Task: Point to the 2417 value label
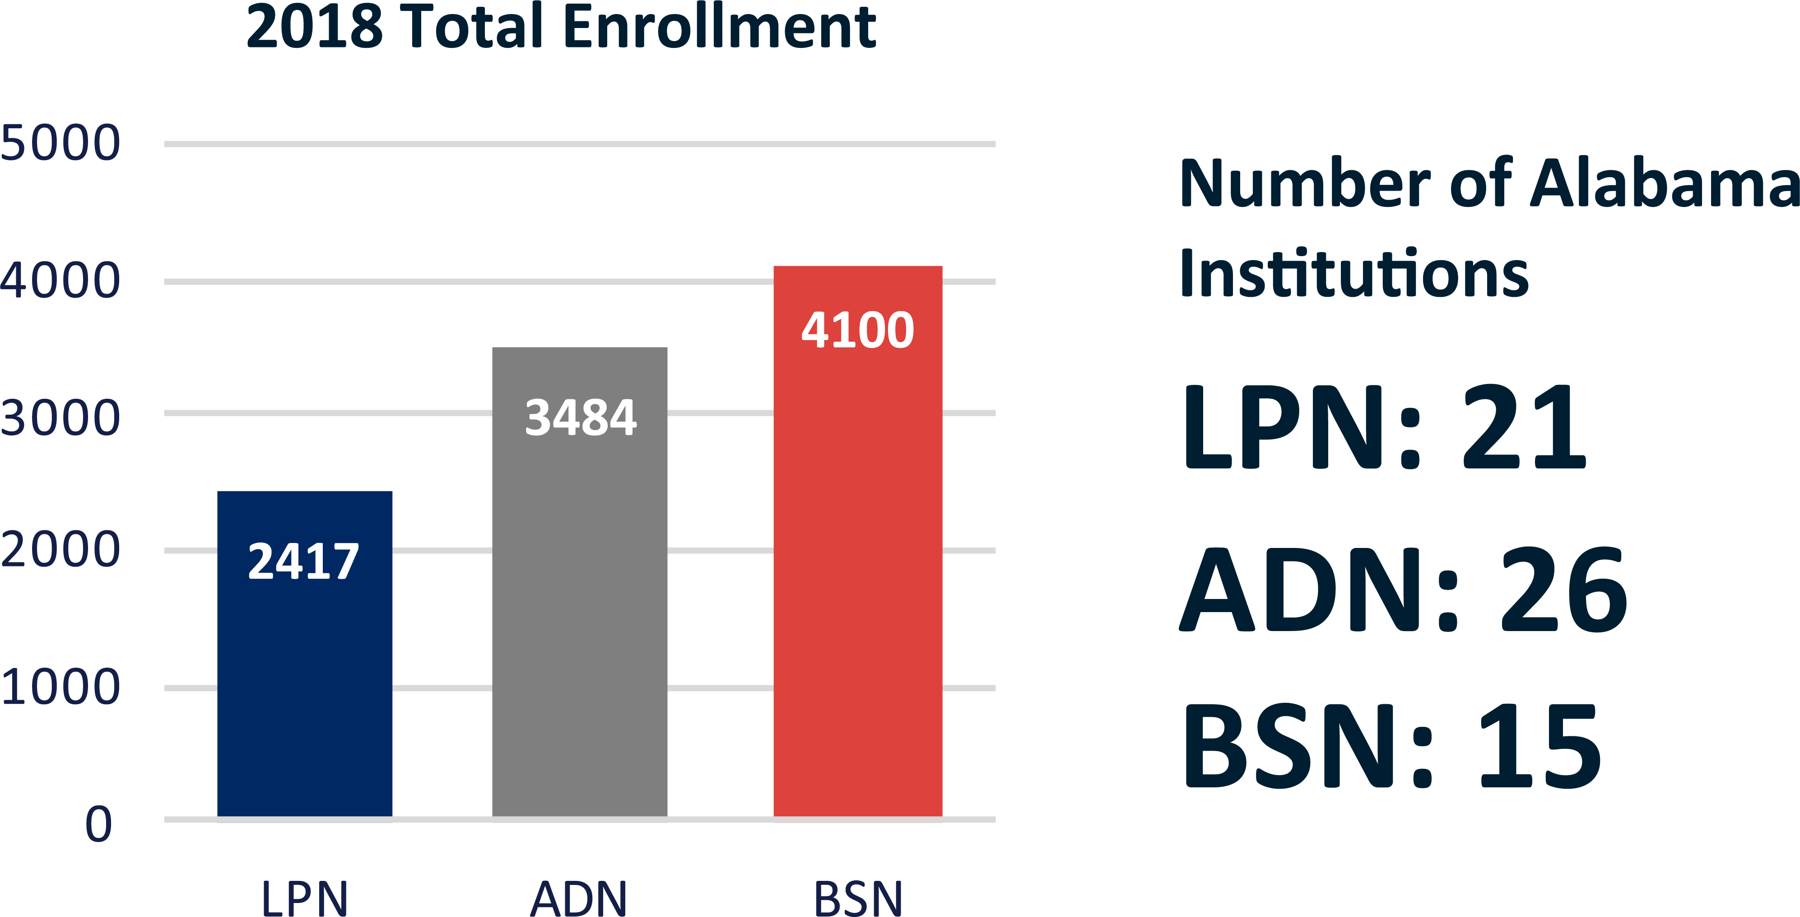pos(303,561)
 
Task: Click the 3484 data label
pos(580,417)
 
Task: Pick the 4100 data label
pos(857,330)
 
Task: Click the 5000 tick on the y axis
pos(60,143)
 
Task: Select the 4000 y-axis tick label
pos(60,280)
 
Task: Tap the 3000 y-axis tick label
pos(60,418)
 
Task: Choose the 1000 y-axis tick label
pos(60,687)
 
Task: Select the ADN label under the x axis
pos(579,898)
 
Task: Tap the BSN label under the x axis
pos(858,898)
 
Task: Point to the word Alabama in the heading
pos(1663,183)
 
